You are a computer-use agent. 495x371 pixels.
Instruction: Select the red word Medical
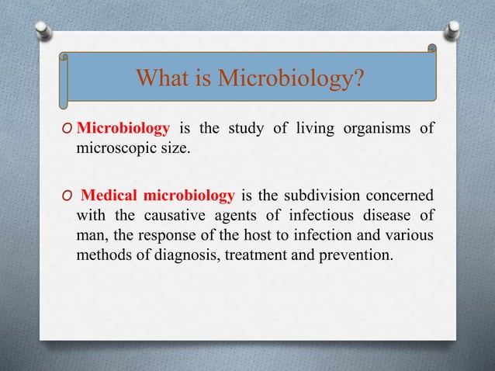click(110, 192)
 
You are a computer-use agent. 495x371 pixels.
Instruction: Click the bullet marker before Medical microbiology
click(68, 193)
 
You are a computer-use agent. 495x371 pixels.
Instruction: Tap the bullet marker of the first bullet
click(68, 129)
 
